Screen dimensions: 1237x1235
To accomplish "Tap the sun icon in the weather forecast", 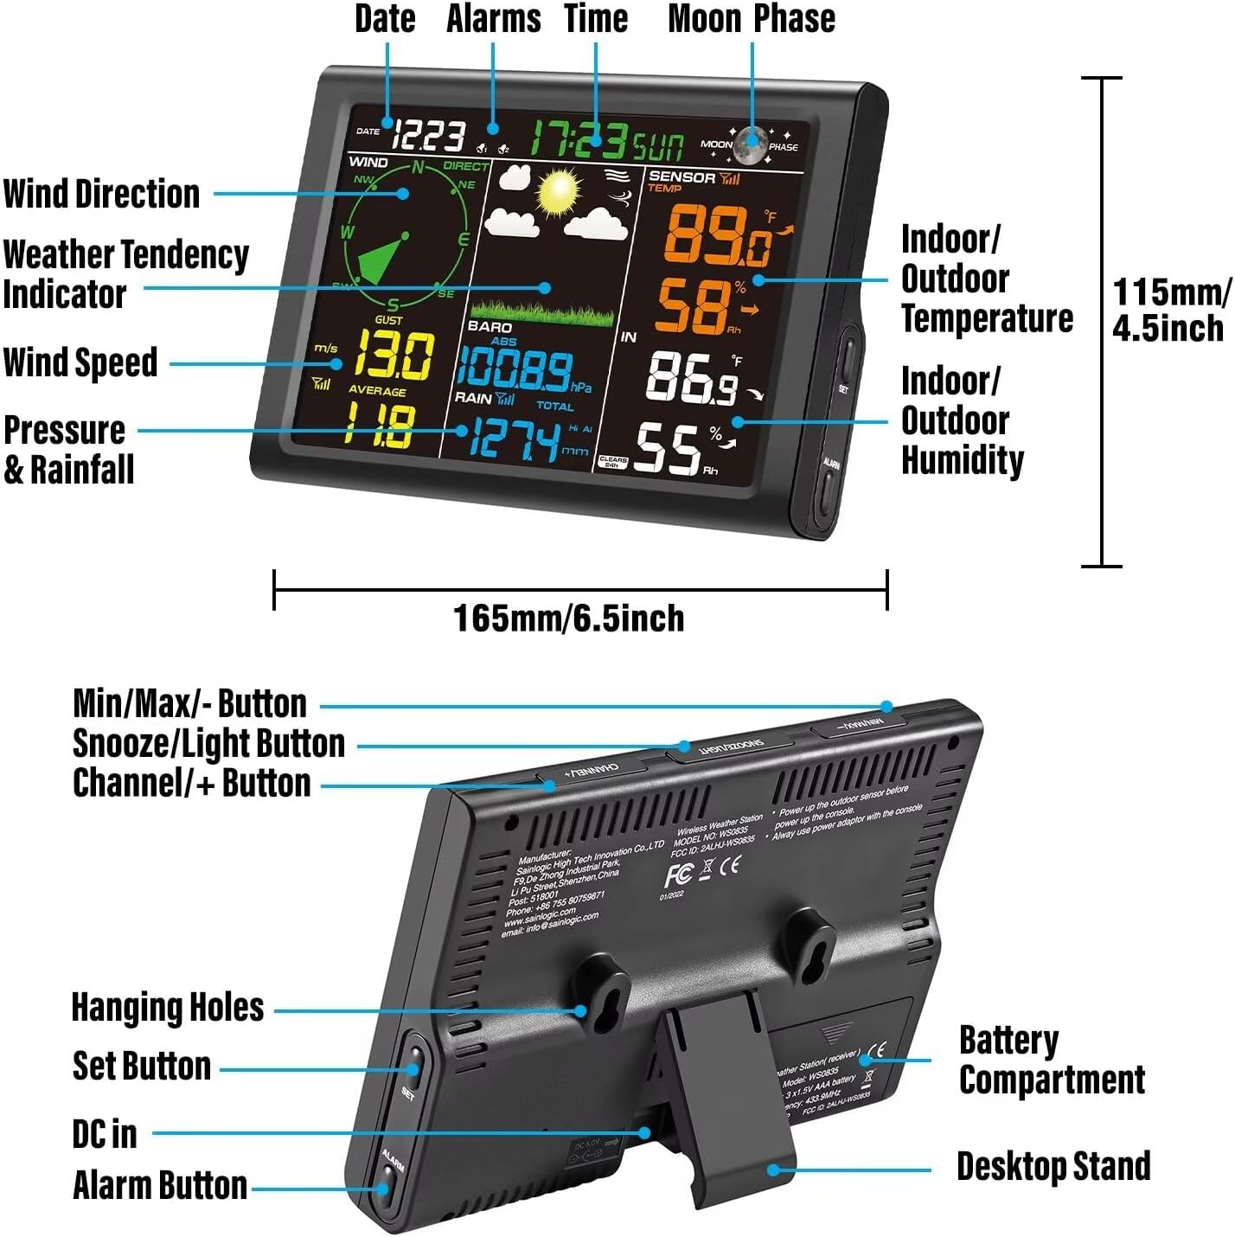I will click(559, 192).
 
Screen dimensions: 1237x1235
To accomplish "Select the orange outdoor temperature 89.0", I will click(717, 236).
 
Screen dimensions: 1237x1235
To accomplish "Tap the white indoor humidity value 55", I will click(668, 450).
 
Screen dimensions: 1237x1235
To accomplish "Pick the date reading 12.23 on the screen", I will click(430, 136).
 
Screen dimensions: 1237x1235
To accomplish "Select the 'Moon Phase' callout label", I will click(752, 19).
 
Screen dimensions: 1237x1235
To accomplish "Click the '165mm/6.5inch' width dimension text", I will click(569, 618).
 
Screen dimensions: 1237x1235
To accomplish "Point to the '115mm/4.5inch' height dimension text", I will click(1169, 311).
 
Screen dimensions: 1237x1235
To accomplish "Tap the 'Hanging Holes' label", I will click(168, 1008).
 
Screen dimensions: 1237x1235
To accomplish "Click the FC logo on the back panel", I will click(677, 875).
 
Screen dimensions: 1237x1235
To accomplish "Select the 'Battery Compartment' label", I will click(1052, 1061).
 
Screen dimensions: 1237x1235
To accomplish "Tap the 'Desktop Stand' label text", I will click(1053, 1166).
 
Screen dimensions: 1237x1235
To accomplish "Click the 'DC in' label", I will click(105, 1133).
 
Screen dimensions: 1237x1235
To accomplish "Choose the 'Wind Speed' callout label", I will click(80, 362).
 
